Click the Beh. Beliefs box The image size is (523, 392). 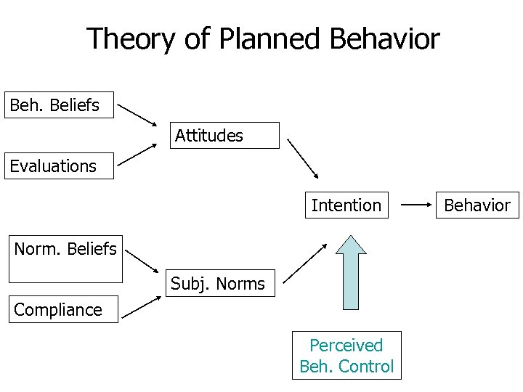(x=59, y=105)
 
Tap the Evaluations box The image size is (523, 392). (x=59, y=166)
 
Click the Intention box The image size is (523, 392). (x=346, y=205)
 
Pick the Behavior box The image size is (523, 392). (x=477, y=205)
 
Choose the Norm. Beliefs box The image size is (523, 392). (x=65, y=258)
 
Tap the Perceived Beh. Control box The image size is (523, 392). (x=346, y=356)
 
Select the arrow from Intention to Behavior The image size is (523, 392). (x=418, y=205)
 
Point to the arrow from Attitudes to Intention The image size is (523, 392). (x=303, y=158)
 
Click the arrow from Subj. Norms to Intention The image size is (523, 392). (x=304, y=263)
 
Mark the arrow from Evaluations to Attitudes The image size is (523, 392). (x=138, y=155)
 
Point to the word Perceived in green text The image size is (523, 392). (x=346, y=346)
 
